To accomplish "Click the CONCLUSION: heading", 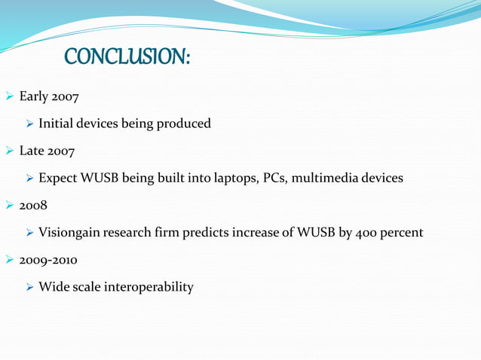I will click(127, 56).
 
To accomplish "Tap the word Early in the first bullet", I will click(34, 96).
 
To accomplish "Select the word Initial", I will click(56, 124).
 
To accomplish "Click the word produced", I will click(183, 124).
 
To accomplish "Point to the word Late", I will click(32, 151).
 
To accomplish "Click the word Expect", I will click(58, 178).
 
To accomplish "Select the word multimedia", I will click(324, 178).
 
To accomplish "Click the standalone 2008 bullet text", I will click(33, 206).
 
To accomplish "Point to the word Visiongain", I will click(71, 233).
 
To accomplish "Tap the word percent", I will click(403, 233).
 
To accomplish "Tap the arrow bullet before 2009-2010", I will click(10, 260).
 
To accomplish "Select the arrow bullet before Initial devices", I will click(29, 124).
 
